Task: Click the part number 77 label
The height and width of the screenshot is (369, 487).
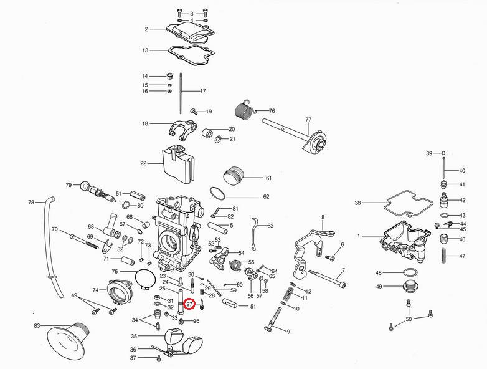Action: click(x=308, y=119)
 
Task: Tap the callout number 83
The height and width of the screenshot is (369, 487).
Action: click(x=37, y=326)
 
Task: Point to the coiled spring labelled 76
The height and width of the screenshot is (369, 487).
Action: click(x=243, y=111)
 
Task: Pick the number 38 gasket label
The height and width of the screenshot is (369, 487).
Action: click(x=357, y=203)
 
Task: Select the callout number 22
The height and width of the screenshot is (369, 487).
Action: click(x=143, y=163)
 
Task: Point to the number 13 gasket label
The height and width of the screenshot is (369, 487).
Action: click(x=145, y=50)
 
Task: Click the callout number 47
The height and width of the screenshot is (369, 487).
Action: click(x=462, y=256)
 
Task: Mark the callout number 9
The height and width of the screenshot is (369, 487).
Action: click(x=288, y=332)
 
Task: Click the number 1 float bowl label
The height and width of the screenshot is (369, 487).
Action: click(x=359, y=236)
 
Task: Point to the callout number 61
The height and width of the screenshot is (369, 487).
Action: click(x=268, y=178)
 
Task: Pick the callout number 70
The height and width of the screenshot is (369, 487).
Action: click(x=55, y=229)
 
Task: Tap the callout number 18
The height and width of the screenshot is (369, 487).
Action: click(x=145, y=124)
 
